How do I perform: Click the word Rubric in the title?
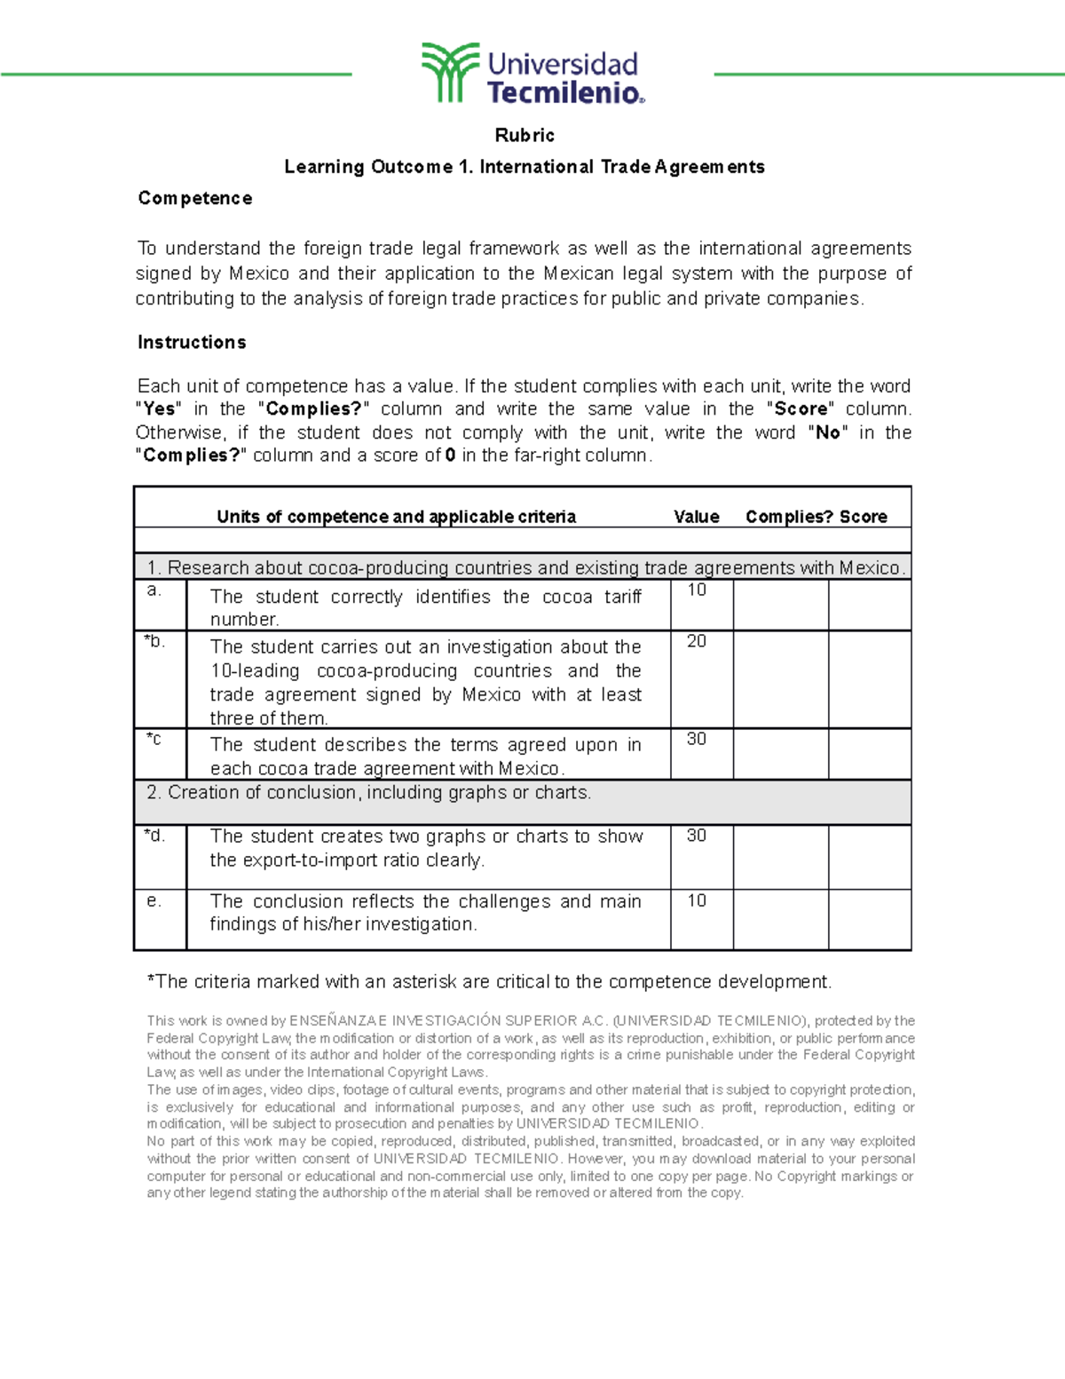[525, 135]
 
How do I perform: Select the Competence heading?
[194, 198]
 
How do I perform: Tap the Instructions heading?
[192, 342]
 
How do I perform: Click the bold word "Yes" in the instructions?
[159, 408]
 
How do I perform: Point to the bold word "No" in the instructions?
[827, 432]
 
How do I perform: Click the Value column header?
[696, 517]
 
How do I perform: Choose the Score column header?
[863, 517]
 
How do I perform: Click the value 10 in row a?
[697, 590]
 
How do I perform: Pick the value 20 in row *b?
[697, 641]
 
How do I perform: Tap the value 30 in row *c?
[697, 739]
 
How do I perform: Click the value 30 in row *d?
[697, 836]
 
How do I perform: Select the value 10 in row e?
[697, 900]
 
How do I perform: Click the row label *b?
[154, 641]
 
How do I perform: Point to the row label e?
[154, 900]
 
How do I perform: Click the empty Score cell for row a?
[870, 605]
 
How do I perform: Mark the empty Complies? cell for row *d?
[781, 857]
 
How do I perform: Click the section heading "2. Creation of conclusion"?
[368, 792]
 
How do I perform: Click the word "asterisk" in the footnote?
[423, 981]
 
